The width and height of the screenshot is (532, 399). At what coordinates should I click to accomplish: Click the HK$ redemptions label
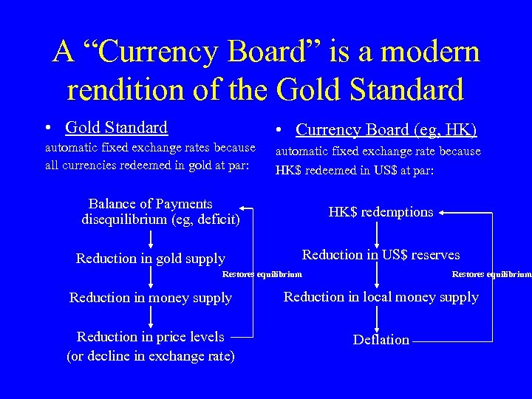[x=381, y=212]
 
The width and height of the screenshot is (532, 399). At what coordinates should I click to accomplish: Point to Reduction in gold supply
[x=151, y=259]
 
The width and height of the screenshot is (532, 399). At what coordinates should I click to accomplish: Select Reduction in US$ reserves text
[x=381, y=255]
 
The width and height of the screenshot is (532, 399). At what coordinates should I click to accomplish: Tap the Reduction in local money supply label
[x=381, y=297]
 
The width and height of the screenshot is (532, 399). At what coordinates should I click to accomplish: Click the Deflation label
[x=381, y=340]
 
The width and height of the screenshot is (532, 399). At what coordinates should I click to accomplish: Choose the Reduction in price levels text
[x=151, y=337]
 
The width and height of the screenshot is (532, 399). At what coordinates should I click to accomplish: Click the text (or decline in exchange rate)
[x=151, y=355]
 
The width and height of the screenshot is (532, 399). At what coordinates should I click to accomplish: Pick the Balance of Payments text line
[x=151, y=204]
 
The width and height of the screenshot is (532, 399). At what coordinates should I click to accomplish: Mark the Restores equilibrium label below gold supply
[x=262, y=275]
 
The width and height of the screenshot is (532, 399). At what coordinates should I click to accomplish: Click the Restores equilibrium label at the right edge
[x=491, y=275]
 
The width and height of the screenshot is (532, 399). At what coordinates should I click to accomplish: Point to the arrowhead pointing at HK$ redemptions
[x=441, y=213]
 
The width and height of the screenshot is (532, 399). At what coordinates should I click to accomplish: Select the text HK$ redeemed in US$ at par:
[x=355, y=169]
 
